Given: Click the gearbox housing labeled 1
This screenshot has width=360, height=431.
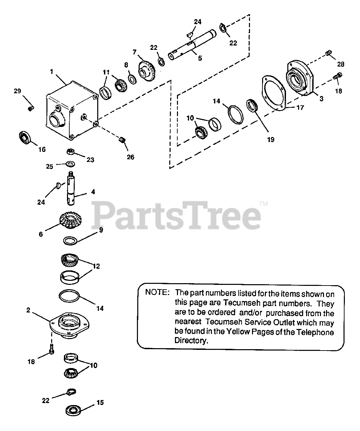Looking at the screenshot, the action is point(71,109).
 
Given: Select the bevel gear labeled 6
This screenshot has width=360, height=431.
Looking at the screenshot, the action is point(71,220).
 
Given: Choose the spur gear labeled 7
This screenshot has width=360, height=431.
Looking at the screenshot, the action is point(147,69).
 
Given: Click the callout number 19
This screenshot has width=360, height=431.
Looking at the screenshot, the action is point(271,139).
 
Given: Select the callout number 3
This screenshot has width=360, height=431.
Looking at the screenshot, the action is point(321,99).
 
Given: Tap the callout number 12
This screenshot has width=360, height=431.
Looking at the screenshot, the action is point(97,266).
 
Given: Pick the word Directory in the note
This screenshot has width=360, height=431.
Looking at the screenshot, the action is point(190,340).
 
